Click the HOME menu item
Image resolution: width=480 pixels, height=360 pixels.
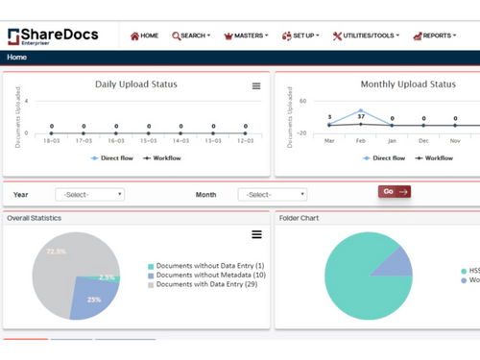tap(144, 36)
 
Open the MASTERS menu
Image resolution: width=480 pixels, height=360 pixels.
tap(246, 36)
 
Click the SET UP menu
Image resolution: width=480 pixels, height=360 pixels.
tap(301, 36)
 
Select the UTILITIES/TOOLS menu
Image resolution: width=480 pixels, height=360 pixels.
tap(366, 36)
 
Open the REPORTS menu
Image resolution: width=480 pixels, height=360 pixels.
tap(434, 36)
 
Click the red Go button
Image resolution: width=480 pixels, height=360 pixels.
tap(394, 191)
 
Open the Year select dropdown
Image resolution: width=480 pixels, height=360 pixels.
tap(89, 194)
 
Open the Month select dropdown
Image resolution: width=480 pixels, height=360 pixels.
tap(272, 194)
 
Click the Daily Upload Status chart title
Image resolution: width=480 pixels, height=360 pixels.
tap(135, 84)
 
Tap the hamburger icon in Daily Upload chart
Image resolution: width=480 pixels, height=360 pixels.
tap(256, 86)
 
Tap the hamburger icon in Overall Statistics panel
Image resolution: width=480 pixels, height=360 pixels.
tap(256, 234)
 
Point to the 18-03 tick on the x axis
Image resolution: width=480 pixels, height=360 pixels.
tap(51, 140)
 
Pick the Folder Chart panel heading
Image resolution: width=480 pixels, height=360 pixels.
tap(300, 218)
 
